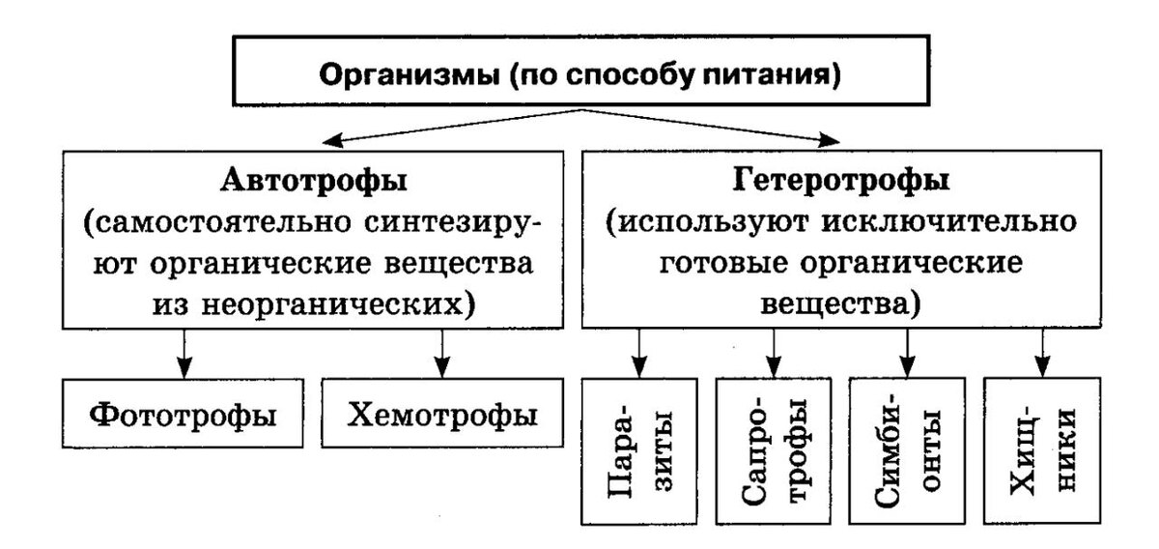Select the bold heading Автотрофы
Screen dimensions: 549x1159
point(311,181)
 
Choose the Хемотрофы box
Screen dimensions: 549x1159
point(441,415)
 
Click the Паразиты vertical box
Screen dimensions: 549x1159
point(637,451)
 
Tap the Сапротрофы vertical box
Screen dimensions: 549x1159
point(773,451)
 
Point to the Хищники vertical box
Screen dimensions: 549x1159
point(1041,451)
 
